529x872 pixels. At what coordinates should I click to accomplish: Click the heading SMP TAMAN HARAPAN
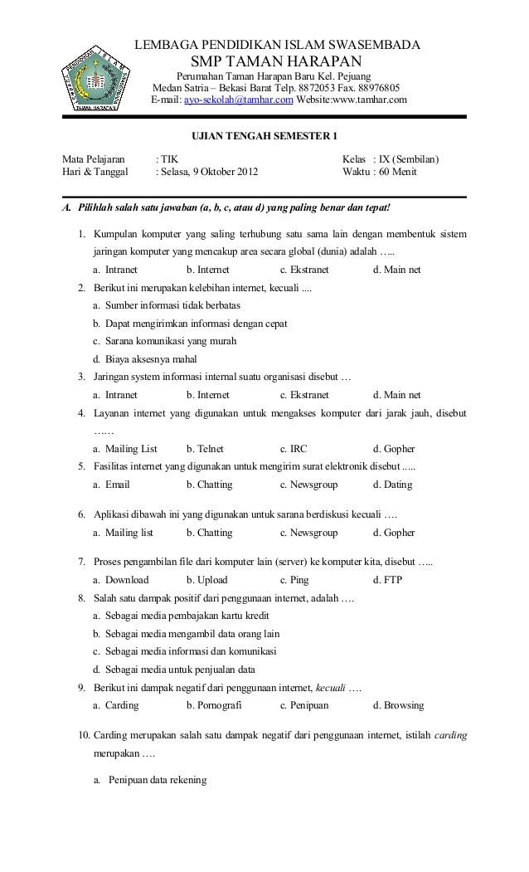[277, 63]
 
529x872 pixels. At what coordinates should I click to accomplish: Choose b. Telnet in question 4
[205, 449]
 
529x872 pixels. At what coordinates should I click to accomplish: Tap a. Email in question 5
[112, 485]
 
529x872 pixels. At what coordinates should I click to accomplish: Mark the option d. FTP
[388, 580]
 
